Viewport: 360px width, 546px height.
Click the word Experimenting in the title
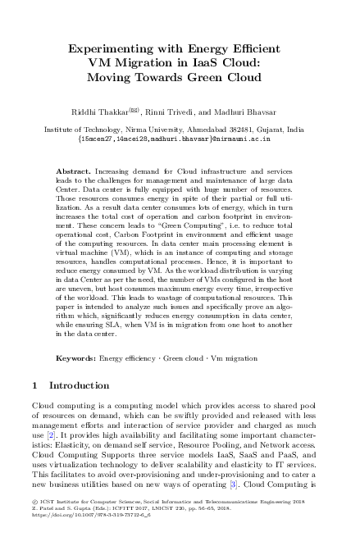[x=118, y=48]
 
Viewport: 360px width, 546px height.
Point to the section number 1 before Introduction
[x=34, y=385]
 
